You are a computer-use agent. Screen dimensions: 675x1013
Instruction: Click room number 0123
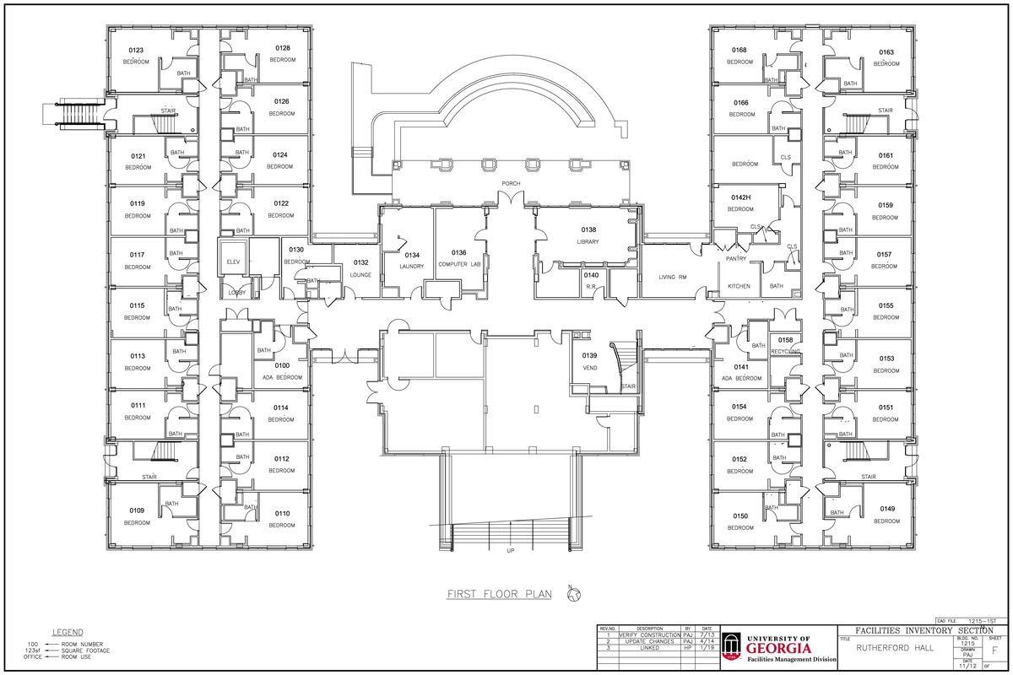[136, 51]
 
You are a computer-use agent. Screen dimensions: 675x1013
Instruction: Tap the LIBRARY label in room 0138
[588, 242]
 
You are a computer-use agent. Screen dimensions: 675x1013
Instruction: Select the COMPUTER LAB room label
[458, 265]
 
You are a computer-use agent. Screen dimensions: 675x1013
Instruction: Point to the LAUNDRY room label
[412, 267]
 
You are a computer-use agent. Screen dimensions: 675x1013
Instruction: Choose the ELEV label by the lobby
[234, 262]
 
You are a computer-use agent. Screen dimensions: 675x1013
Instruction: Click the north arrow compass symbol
[573, 595]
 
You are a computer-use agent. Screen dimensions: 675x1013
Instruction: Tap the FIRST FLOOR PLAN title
[499, 594]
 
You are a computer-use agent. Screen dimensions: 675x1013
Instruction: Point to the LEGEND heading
[68, 632]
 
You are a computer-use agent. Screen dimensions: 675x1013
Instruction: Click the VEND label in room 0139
[590, 369]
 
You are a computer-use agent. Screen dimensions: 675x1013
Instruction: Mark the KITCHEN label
[739, 286]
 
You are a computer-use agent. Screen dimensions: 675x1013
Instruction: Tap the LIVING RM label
[673, 277]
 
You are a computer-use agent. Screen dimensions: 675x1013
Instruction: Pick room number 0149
[886, 509]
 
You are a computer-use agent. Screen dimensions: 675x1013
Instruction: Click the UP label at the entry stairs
[510, 551]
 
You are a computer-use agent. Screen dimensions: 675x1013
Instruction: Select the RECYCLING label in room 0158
[785, 350]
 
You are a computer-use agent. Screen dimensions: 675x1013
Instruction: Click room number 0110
[282, 513]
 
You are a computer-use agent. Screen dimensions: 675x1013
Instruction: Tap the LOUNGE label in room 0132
[360, 275]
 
